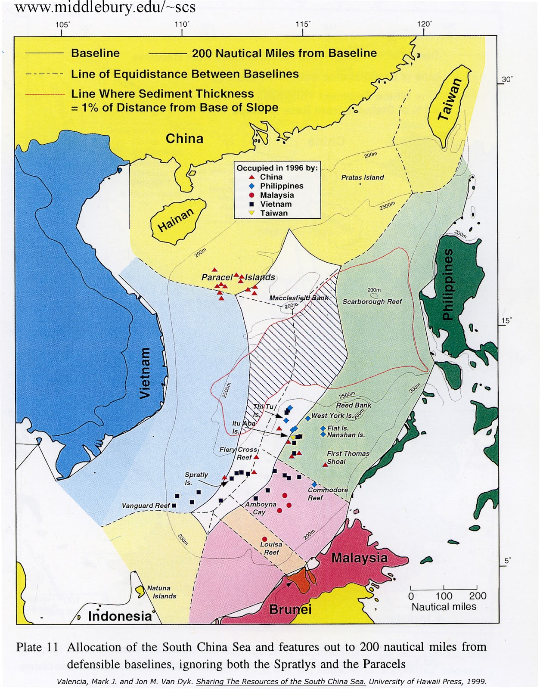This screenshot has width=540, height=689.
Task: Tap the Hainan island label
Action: [176, 220]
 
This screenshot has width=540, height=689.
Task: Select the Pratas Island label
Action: [362, 177]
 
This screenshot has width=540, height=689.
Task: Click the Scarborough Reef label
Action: [372, 301]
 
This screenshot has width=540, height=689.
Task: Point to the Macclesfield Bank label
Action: [299, 298]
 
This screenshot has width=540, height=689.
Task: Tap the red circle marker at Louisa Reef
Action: [264, 539]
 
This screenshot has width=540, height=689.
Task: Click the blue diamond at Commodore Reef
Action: [314, 485]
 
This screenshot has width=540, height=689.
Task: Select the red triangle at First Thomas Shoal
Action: [326, 464]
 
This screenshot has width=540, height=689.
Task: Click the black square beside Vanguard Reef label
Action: [174, 506]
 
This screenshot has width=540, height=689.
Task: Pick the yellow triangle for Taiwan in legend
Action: [252, 213]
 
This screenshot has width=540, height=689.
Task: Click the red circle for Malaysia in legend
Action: [252, 195]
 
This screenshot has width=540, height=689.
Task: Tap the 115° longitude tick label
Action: [303, 24]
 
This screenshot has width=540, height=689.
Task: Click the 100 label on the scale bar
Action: [444, 596]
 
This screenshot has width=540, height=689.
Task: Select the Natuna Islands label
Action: [161, 592]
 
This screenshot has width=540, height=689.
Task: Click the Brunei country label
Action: [290, 609]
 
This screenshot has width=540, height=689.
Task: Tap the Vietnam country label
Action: [146, 373]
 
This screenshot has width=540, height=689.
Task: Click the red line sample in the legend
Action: [45, 94]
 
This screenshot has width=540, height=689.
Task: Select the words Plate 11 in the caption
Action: [37, 647]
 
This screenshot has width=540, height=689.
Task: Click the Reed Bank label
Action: [354, 405]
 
